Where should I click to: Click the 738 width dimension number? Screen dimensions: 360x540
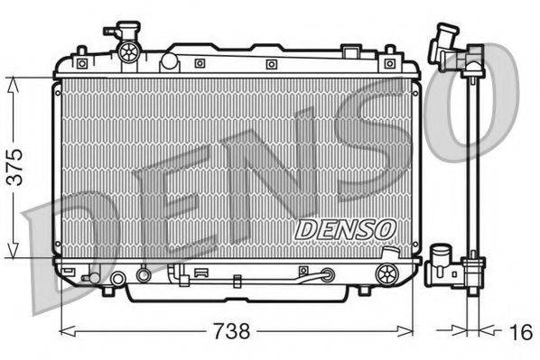(233, 332)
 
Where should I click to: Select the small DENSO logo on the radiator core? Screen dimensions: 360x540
(345, 230)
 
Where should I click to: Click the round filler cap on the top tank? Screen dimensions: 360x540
(127, 51)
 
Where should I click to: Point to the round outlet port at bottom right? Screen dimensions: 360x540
(386, 272)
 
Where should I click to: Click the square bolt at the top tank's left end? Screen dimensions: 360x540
(81, 63)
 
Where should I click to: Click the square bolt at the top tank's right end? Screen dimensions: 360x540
(389, 63)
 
